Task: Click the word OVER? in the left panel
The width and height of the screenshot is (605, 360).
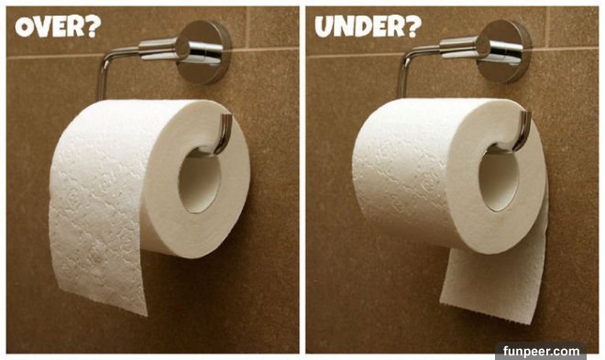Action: pos(58,27)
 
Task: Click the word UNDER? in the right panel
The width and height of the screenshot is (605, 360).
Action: pos(368,27)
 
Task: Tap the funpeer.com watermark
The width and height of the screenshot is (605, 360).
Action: pos(541,351)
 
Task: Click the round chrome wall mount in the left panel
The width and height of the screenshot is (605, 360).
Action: pos(204,51)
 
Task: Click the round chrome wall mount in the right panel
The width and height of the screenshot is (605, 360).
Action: pos(505,51)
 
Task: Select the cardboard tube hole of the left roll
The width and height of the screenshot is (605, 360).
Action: pos(200,180)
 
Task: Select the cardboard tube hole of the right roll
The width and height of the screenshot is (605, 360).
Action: pos(500,178)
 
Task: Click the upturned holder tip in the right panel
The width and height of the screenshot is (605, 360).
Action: pos(524,131)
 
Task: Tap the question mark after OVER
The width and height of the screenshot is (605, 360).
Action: pos(93,27)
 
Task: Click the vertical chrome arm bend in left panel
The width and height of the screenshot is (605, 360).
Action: pos(104,73)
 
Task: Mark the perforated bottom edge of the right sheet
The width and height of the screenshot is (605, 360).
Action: pos(487,312)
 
